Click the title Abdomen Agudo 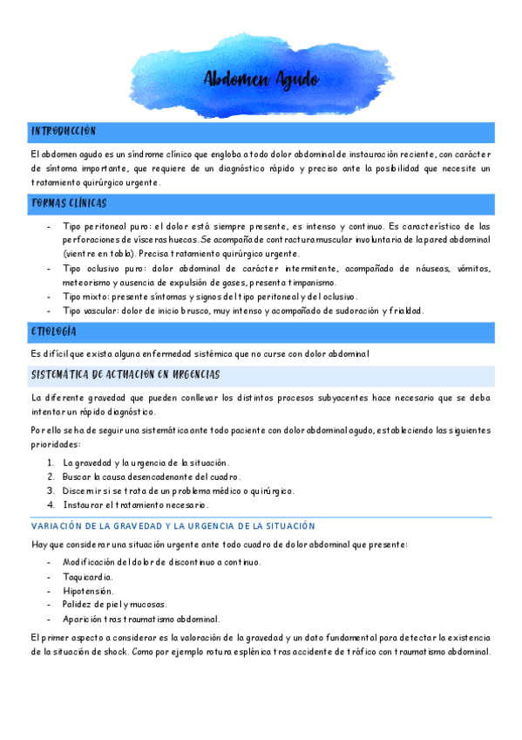pyautogui.click(x=261, y=80)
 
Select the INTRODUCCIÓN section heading pyautogui.click(x=63, y=131)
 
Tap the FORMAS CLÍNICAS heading pyautogui.click(x=69, y=203)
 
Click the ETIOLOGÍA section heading pyautogui.click(x=54, y=332)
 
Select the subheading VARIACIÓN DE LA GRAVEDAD pyautogui.click(x=173, y=526)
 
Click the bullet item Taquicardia pyautogui.click(x=87, y=577)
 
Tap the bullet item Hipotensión pyautogui.click(x=88, y=591)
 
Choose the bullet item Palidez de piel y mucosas pyautogui.click(x=114, y=604)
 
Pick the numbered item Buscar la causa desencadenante pyautogui.click(x=151, y=476)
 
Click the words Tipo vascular pyautogui.click(x=92, y=311)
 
